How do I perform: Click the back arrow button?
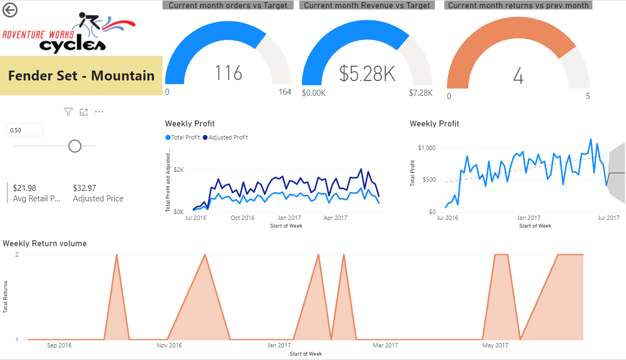pos(10,10)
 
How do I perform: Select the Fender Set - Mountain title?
pos(81,76)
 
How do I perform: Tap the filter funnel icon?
pos(68,112)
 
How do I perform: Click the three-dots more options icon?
pos(99,112)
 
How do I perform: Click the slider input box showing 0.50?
pos(25,130)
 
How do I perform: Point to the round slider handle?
pos(74,146)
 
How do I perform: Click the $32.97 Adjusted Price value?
pos(84,188)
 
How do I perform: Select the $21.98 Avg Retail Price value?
pos(25,188)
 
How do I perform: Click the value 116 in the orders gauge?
pos(228,73)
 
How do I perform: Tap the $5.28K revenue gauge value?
pos(367,73)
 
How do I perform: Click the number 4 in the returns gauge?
pos(518,76)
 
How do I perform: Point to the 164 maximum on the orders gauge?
pos(285,92)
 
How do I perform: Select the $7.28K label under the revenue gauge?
pos(420,93)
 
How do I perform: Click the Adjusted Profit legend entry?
pos(225,137)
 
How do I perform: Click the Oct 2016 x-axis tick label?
pos(242,218)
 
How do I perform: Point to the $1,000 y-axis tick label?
pos(426,148)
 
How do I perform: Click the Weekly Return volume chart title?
pos(44,243)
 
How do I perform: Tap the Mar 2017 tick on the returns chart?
pos(385,345)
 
